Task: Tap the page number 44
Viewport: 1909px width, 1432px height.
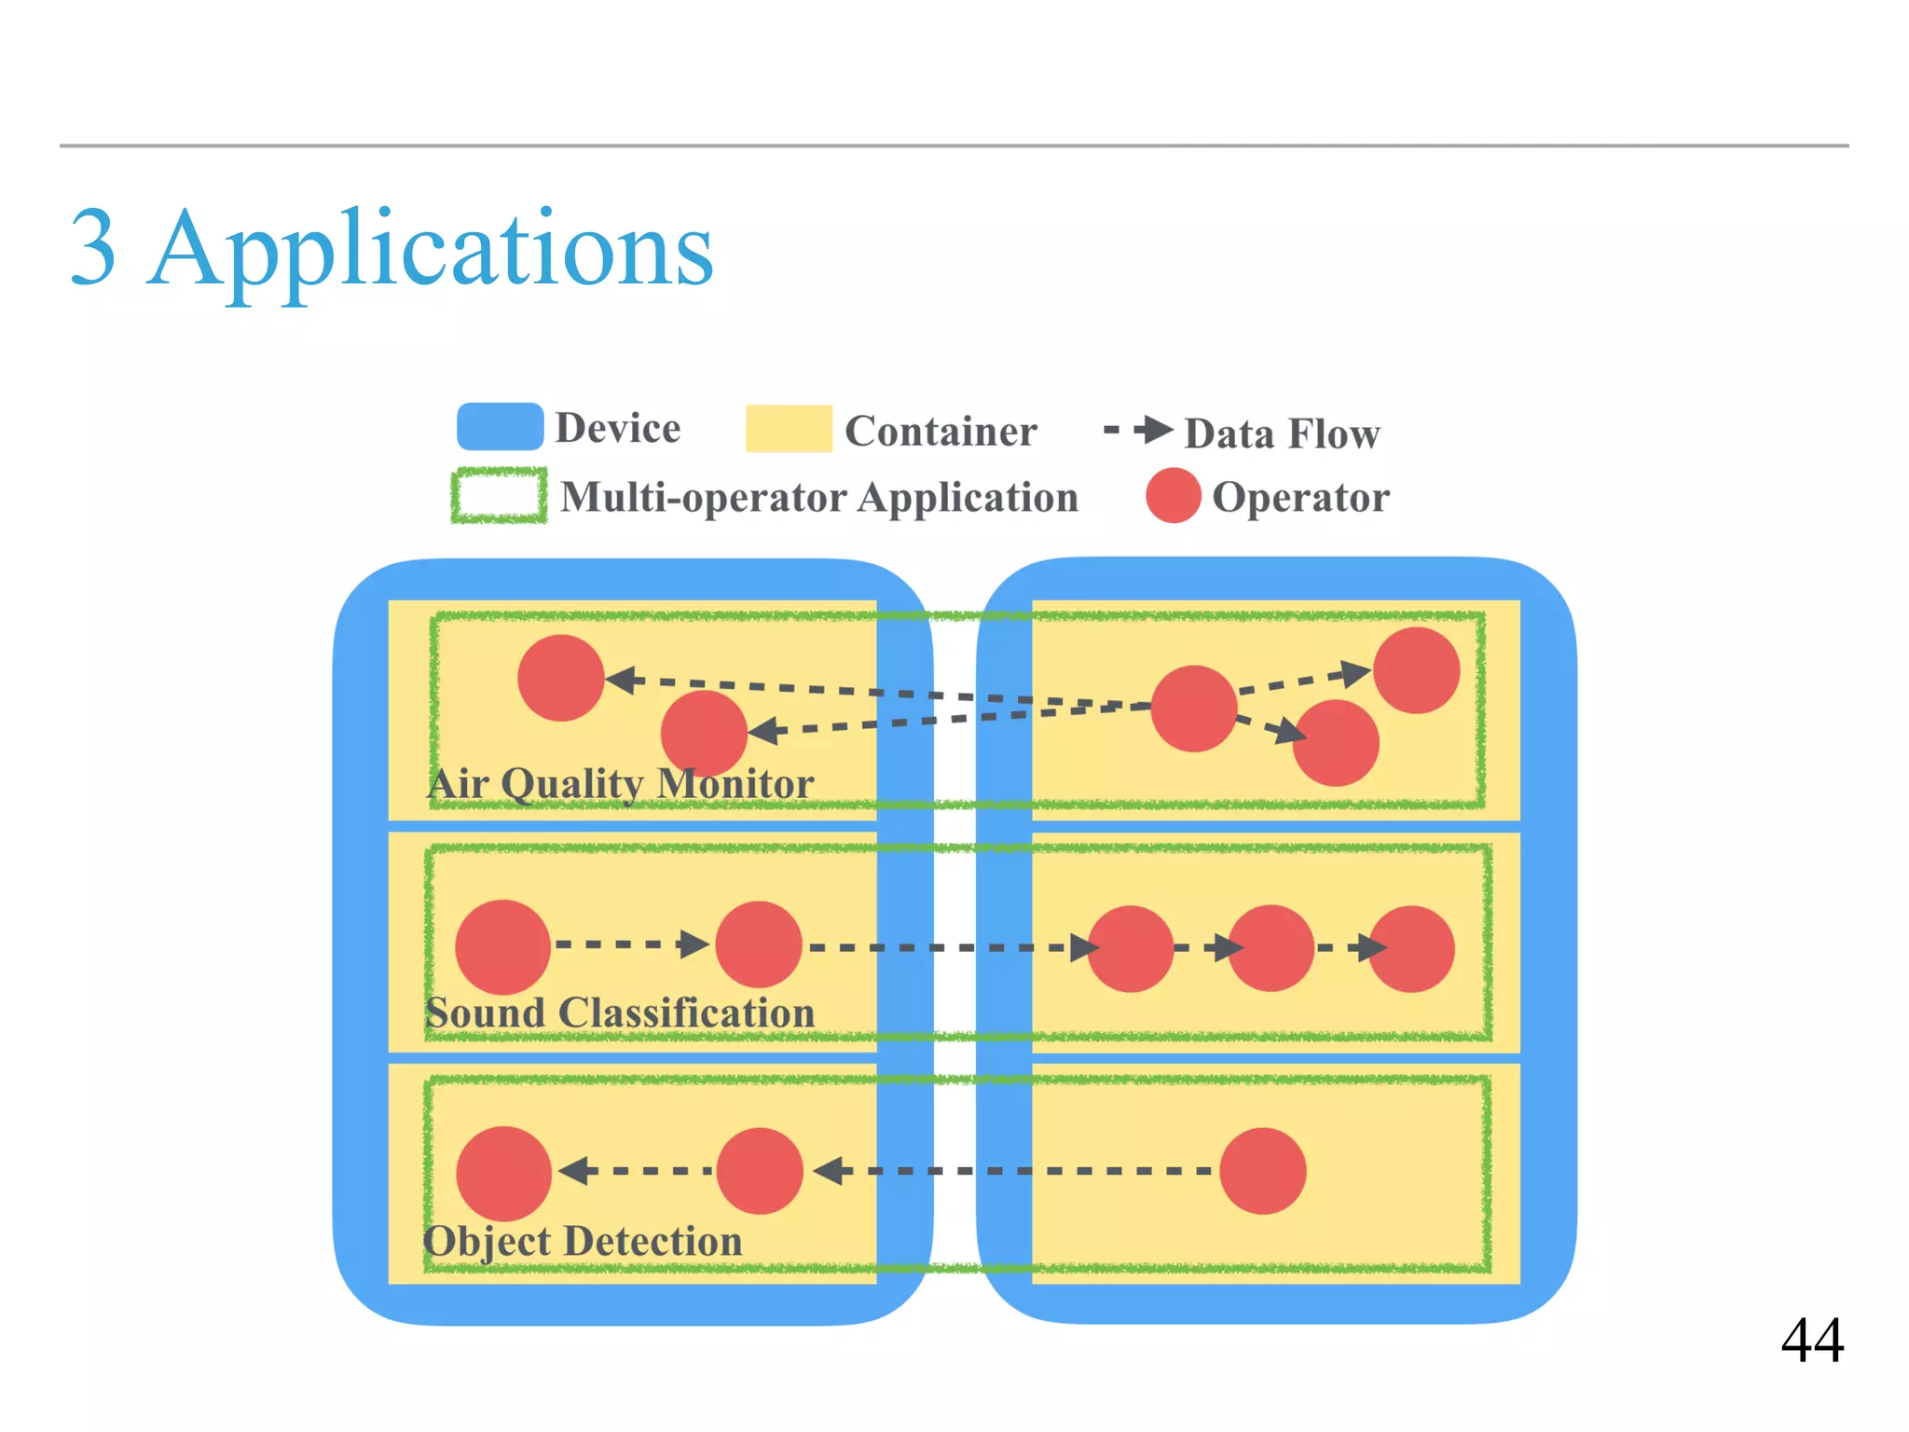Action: coord(1811,1341)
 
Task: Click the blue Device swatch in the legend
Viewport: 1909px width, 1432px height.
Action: coord(500,427)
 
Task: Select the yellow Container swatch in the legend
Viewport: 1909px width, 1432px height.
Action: coord(788,429)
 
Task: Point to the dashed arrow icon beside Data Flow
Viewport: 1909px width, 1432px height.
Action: coord(1138,430)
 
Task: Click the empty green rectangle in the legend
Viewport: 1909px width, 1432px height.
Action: coord(499,496)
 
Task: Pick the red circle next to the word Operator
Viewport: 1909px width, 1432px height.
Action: coord(1173,496)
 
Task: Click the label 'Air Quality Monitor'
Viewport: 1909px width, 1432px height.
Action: coord(620,783)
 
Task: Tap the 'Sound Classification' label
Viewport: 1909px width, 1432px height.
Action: coord(620,1012)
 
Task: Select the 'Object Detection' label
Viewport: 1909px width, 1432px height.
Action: coord(583,1241)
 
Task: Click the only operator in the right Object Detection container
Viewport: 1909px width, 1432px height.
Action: coord(1262,1171)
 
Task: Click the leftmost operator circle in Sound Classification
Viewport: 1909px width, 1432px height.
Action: coord(502,946)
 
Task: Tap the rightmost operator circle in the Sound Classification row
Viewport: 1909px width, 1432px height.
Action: coord(1410,949)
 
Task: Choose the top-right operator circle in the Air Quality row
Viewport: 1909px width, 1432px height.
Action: coord(1416,670)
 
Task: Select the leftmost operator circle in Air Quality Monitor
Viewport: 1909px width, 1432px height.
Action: coord(561,678)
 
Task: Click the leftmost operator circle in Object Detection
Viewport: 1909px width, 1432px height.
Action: coord(503,1173)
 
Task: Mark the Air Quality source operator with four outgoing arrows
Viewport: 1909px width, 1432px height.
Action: coord(1194,709)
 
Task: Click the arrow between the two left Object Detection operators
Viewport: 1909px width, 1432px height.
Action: coord(635,1170)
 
